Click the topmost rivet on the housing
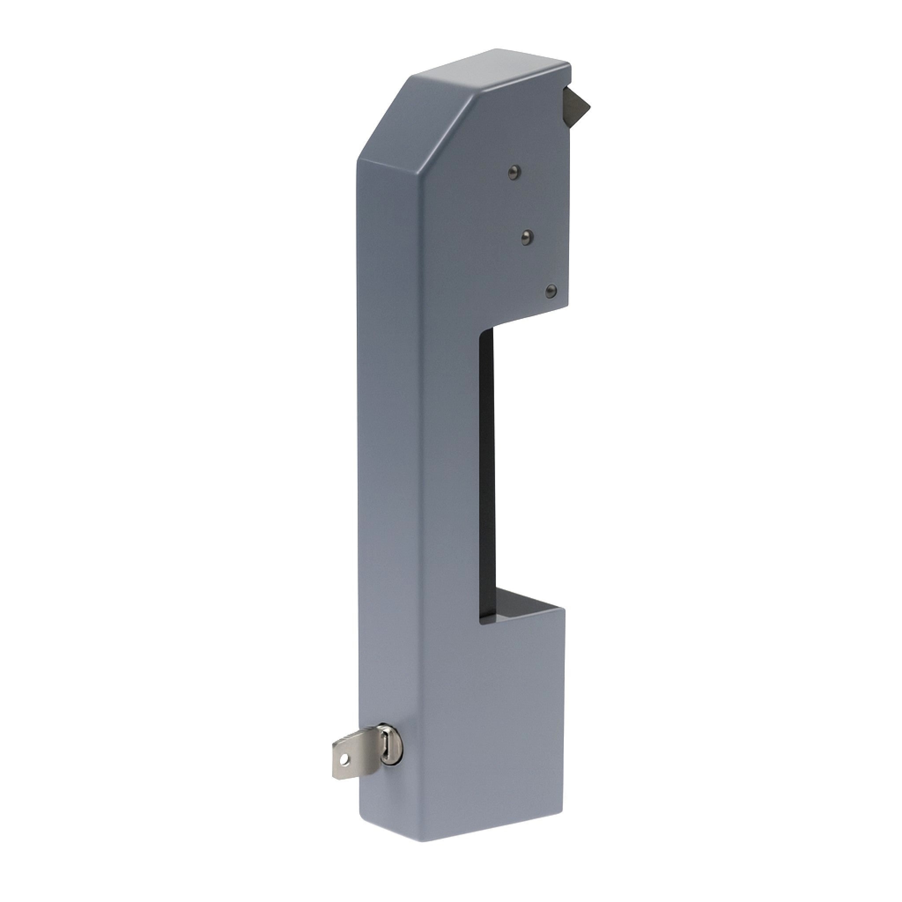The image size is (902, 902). (514, 173)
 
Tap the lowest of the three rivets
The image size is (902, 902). (551, 291)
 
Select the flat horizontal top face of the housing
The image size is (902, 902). (490, 70)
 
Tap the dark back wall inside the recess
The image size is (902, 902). (487, 467)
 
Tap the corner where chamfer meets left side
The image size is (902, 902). (357, 160)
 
